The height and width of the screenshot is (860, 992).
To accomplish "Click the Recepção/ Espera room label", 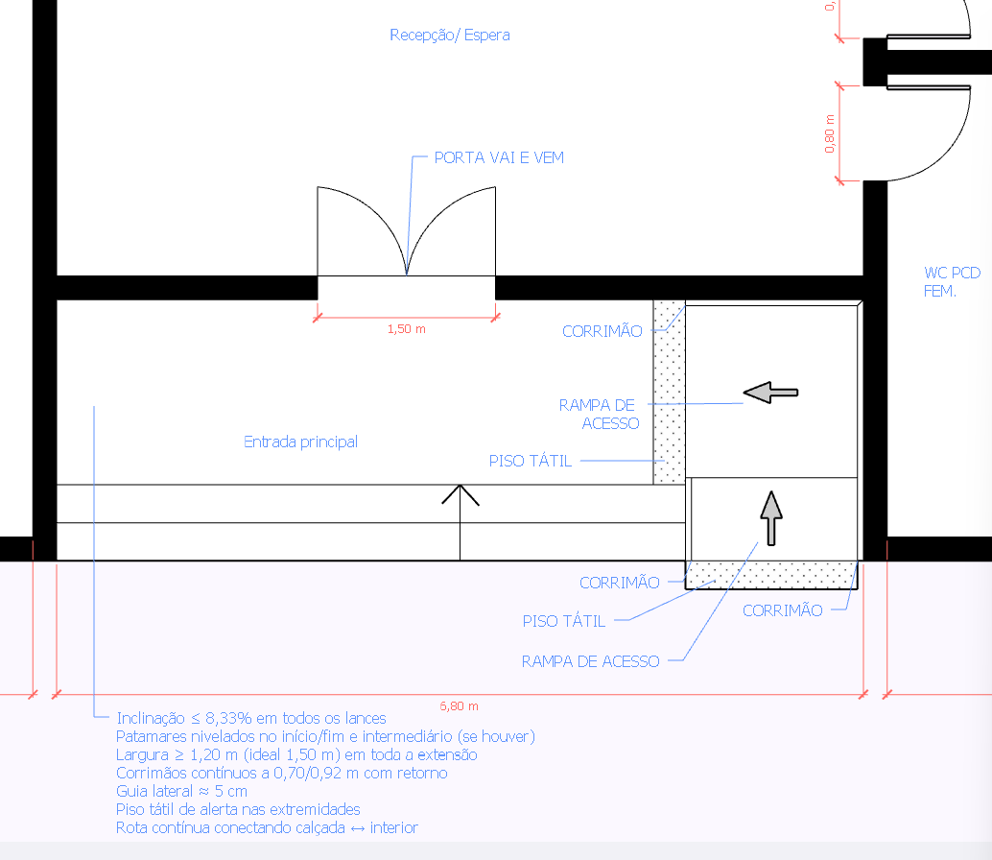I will [449, 36].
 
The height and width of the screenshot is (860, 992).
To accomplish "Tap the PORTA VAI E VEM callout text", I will [499, 157].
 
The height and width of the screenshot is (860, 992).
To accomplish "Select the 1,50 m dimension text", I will [406, 329].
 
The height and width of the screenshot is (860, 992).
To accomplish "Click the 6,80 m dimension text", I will [459, 705].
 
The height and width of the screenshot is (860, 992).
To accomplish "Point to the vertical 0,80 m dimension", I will [830, 133].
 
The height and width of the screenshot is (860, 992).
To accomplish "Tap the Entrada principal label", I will [300, 442].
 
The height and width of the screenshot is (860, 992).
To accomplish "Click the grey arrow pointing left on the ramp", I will [770, 392].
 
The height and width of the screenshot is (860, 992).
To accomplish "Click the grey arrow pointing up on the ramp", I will [771, 518].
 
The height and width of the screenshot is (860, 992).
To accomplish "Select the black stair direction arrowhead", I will [461, 494].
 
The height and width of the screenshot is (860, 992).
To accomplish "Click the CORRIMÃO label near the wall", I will [602, 331].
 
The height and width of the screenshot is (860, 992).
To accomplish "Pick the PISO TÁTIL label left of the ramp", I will [531, 461].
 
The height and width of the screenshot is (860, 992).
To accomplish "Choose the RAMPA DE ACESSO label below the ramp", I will [590, 661].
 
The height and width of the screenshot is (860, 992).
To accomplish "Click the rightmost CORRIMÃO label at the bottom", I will [783, 609].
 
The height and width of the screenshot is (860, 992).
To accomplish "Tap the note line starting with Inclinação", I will [250, 718].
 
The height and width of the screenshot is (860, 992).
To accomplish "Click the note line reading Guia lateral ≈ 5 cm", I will [181, 791].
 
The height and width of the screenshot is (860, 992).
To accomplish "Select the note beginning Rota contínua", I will [267, 827].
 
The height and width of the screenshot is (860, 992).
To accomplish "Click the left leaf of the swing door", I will [360, 230].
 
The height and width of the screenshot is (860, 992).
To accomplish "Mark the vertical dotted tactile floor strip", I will [669, 392].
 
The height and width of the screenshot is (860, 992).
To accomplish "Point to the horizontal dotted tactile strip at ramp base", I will [773, 574].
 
